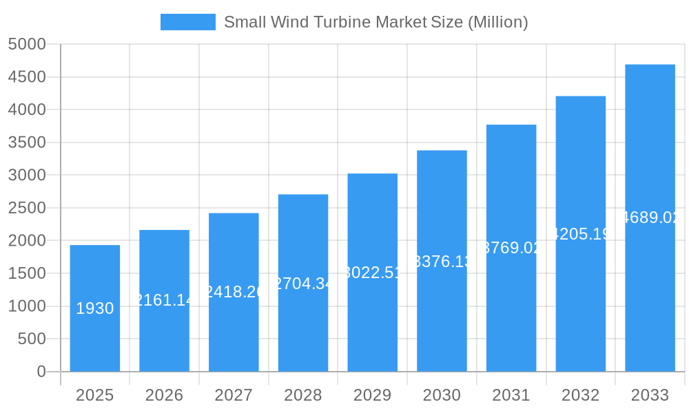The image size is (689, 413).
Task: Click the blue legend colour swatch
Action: click(x=187, y=22)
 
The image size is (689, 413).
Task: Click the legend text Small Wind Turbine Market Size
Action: click(x=376, y=22)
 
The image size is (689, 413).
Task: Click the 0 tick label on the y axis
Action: click(x=41, y=372)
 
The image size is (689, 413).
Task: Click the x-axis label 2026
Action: click(x=164, y=395)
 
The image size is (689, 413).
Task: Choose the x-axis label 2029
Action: click(x=372, y=395)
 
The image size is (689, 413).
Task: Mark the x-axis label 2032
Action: click(x=580, y=395)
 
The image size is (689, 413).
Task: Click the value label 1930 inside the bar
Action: click(x=95, y=308)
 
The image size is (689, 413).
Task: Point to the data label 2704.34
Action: click(x=303, y=284)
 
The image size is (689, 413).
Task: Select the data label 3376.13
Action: click(x=442, y=262)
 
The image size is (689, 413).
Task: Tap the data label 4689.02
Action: click(x=650, y=218)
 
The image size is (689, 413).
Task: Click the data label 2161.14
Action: click(x=164, y=300)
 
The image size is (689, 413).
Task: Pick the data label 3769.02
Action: click(x=511, y=248)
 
